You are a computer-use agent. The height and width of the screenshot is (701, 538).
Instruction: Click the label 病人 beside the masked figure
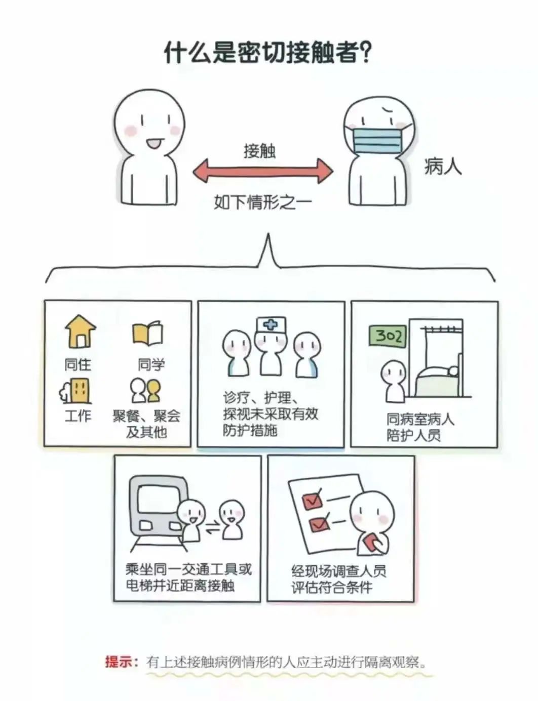tap(443, 166)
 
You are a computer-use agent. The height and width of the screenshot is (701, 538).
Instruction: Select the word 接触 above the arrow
tap(259, 151)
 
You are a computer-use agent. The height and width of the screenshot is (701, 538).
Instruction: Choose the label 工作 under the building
tap(78, 416)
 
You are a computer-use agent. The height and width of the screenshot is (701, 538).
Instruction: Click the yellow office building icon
tap(76, 390)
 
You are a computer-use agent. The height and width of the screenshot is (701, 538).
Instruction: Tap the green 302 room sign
tap(388, 336)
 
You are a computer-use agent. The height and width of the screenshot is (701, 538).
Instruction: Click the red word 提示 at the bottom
tap(118, 662)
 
